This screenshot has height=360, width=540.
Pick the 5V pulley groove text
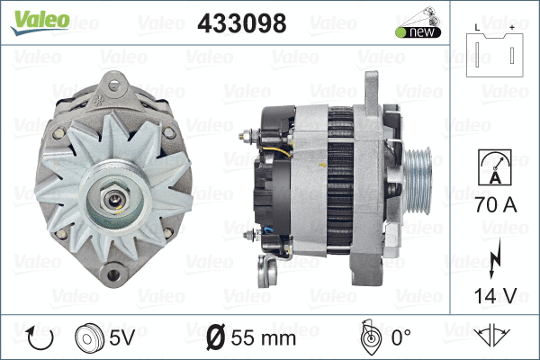tap(123, 338)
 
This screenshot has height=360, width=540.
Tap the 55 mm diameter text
tap(263, 338)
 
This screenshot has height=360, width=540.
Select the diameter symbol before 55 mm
tap(216, 338)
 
